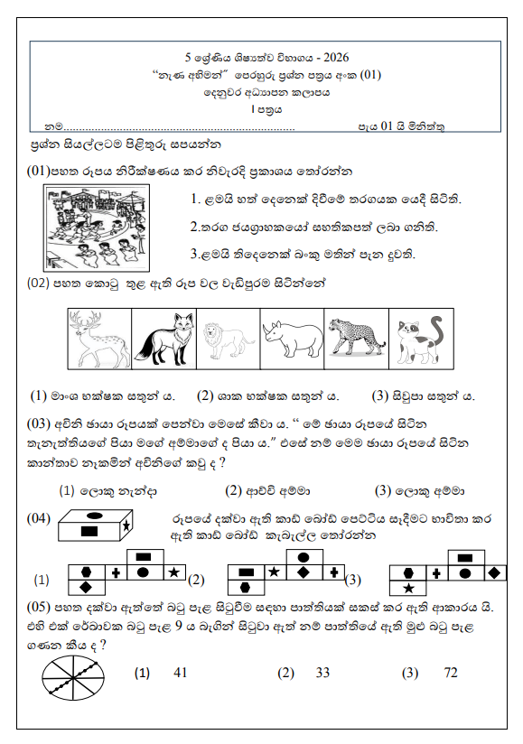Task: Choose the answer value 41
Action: coord(179,673)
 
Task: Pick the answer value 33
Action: coord(322,673)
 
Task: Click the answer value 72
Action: coord(452,673)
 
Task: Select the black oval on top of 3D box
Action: coord(94,516)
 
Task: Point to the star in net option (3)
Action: coord(408,588)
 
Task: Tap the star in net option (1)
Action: coord(173,572)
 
